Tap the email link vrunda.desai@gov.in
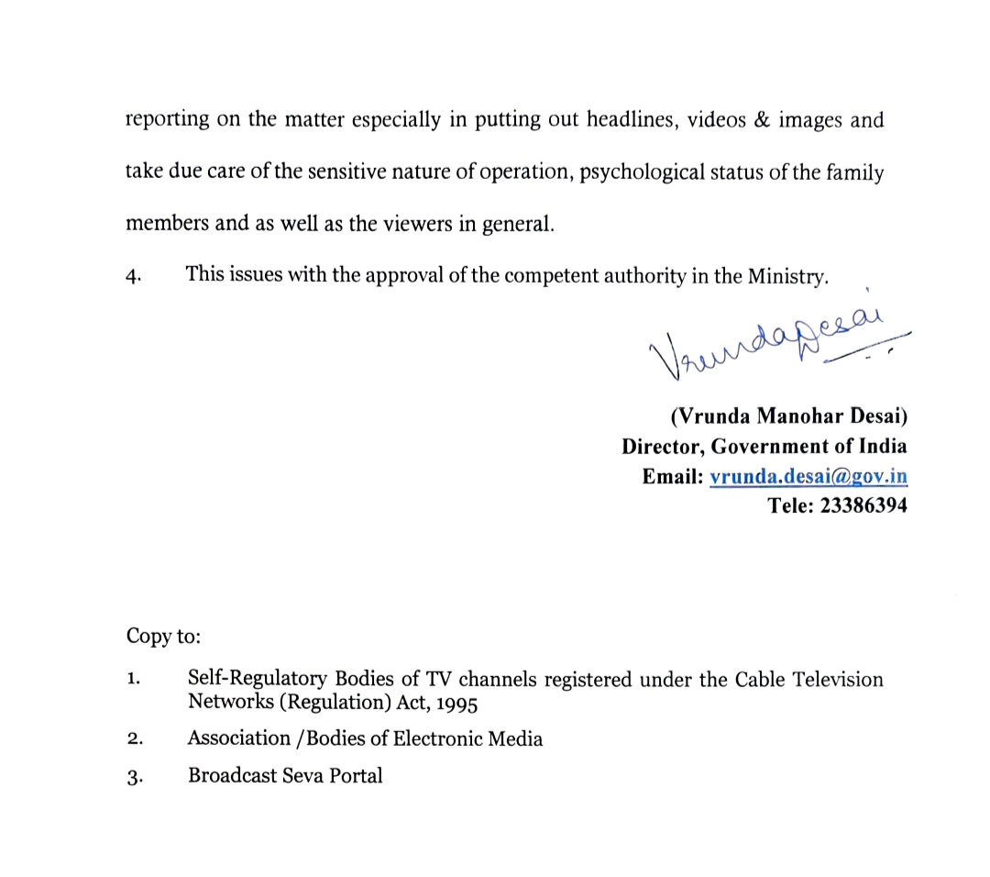(808, 476)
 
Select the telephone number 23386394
(863, 505)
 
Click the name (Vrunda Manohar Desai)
(788, 417)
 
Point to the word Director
(662, 447)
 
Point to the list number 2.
(135, 739)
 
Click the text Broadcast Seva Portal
(285, 775)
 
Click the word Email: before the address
(673, 476)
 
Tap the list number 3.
(135, 776)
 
